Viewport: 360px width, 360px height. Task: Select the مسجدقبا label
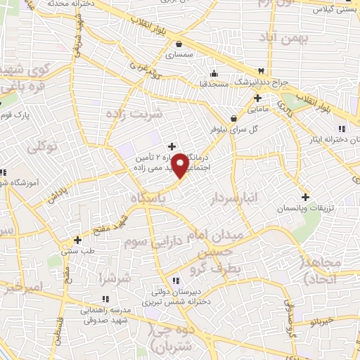point(212,83)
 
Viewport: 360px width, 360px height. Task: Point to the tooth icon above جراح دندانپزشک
point(262,71)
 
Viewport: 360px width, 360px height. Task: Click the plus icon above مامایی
point(257,98)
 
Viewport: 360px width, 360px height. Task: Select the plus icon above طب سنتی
point(78,240)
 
